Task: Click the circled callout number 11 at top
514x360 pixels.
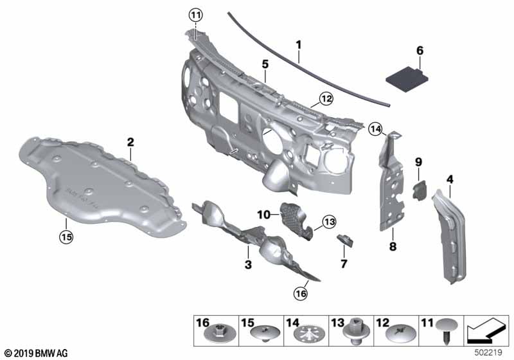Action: [x=195, y=14]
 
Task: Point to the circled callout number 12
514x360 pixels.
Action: [x=326, y=98]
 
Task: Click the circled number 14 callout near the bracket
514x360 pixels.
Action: [x=376, y=129]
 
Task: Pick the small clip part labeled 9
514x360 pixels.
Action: [x=419, y=189]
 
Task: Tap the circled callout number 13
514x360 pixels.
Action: [x=329, y=222]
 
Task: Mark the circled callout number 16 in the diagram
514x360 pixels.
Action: [x=301, y=293]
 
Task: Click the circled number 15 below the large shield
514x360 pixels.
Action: [x=66, y=237]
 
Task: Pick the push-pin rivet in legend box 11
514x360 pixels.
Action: [x=445, y=332]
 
